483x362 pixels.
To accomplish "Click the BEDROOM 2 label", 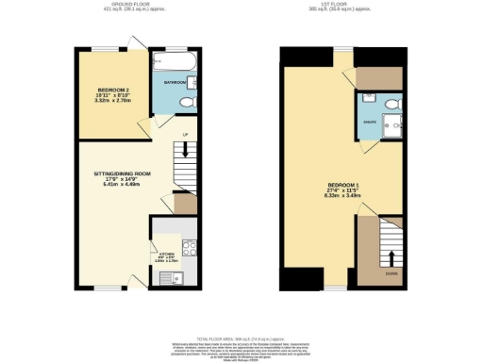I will coord(103,90).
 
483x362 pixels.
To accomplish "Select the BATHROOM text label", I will coord(174,83).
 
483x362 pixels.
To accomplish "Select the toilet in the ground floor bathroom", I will coord(188,101).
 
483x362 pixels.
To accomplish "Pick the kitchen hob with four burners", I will coord(187,249).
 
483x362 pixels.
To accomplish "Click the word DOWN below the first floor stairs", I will coord(391,276).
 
